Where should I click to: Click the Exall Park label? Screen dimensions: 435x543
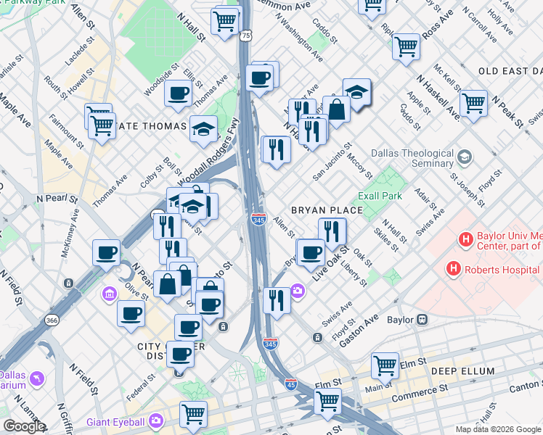pos(380,196)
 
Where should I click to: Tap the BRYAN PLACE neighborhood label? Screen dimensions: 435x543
pos(326,210)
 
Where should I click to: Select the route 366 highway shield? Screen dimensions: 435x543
pos(52,320)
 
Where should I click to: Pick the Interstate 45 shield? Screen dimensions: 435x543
pos(290,385)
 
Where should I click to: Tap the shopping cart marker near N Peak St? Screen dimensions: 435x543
pos(473,102)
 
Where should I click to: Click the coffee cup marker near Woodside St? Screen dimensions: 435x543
pos(178,92)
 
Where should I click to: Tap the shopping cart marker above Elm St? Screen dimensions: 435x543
pos(385,365)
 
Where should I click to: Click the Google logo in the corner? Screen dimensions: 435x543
pos(23,426)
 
